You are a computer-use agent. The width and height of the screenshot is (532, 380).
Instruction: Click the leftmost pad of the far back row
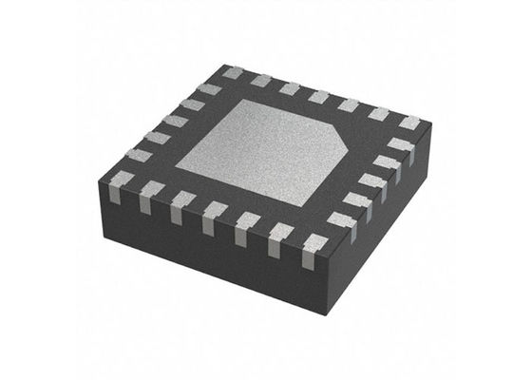coord(234,73)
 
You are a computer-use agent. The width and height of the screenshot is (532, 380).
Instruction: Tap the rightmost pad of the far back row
coord(409,123)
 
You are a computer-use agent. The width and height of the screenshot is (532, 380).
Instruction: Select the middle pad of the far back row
coord(319,96)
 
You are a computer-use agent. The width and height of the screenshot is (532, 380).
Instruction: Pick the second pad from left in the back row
coord(261,81)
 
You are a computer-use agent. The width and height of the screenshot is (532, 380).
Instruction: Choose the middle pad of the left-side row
coord(176,119)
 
